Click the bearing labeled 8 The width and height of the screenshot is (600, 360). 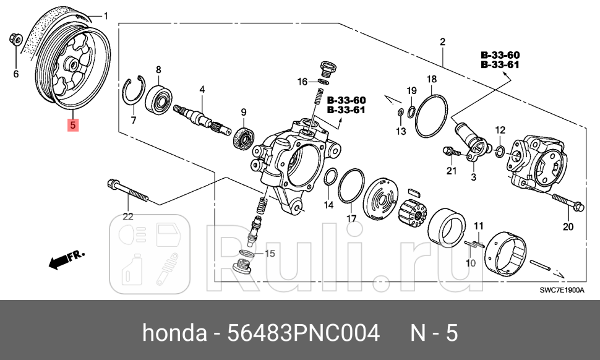[x=158, y=98]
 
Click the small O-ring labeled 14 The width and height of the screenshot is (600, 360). [x=330, y=178]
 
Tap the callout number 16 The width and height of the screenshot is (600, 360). [x=301, y=82]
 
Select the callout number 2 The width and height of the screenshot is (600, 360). [x=443, y=42]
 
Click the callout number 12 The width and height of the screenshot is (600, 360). [x=500, y=130]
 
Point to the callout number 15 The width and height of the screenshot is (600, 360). [x=269, y=254]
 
